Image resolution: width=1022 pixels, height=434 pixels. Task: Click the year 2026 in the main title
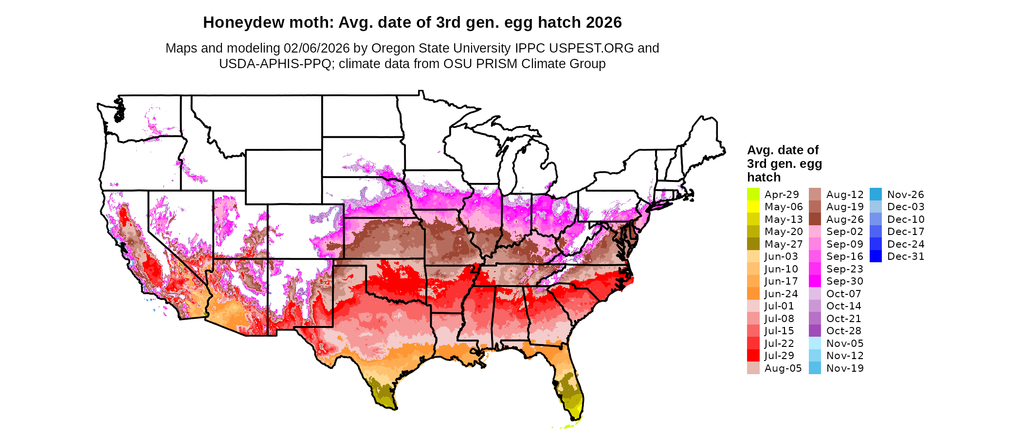[x=603, y=23]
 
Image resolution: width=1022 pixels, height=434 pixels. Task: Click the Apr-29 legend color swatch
[x=753, y=194]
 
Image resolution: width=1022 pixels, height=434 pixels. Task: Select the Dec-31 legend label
[x=905, y=256]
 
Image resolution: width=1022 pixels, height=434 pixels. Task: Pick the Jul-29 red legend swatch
[x=753, y=356]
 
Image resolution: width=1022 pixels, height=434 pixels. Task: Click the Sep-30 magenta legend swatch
[x=815, y=281]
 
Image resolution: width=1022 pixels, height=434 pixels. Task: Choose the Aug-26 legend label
[x=844, y=219]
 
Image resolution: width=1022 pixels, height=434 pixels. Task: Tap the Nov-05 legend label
[x=844, y=344]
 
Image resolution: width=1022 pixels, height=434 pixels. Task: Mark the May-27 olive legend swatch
[x=753, y=244]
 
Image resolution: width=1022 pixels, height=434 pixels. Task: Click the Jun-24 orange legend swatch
[x=753, y=294]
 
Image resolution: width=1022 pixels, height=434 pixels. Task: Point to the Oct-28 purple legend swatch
[x=815, y=331]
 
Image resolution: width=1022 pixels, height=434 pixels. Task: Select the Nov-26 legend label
[x=905, y=195]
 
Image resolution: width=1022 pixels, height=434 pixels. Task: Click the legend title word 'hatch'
[x=764, y=178]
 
